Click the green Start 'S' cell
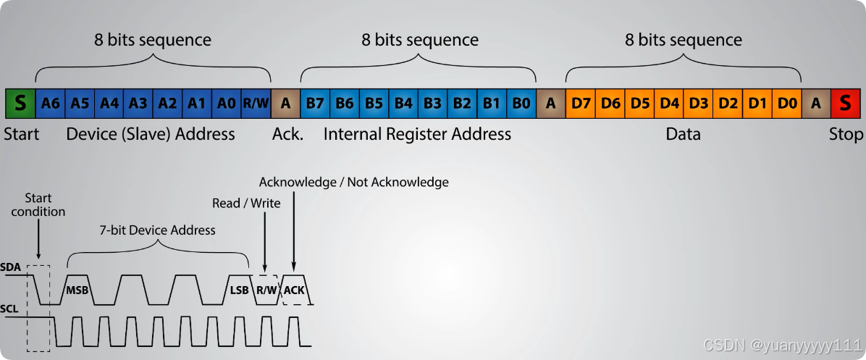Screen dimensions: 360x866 coord(20,104)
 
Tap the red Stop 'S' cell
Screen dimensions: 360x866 coord(845,104)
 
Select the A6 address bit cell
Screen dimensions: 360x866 coord(51,104)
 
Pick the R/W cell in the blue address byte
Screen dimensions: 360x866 coord(256,104)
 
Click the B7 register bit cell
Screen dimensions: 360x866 coord(315,104)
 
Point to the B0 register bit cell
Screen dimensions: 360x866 coord(521,104)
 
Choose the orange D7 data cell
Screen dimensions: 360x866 coord(581,104)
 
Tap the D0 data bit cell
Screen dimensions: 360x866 coord(787,104)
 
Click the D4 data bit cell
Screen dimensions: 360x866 coord(669,104)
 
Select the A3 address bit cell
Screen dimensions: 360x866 coord(138,104)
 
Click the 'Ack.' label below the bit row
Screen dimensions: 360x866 coord(287,134)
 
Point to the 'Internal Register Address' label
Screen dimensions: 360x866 coord(417,134)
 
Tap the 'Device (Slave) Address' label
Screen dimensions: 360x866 coord(151,134)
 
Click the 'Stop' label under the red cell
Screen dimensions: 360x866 coord(846,134)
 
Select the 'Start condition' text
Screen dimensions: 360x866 coord(38,205)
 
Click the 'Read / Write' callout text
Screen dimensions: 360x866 coord(246,203)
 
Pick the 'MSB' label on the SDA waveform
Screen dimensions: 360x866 coord(77,290)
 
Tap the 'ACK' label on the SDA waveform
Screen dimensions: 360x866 coord(294,290)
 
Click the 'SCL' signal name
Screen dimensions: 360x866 coord(9,309)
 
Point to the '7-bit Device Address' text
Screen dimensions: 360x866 coord(157,230)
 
